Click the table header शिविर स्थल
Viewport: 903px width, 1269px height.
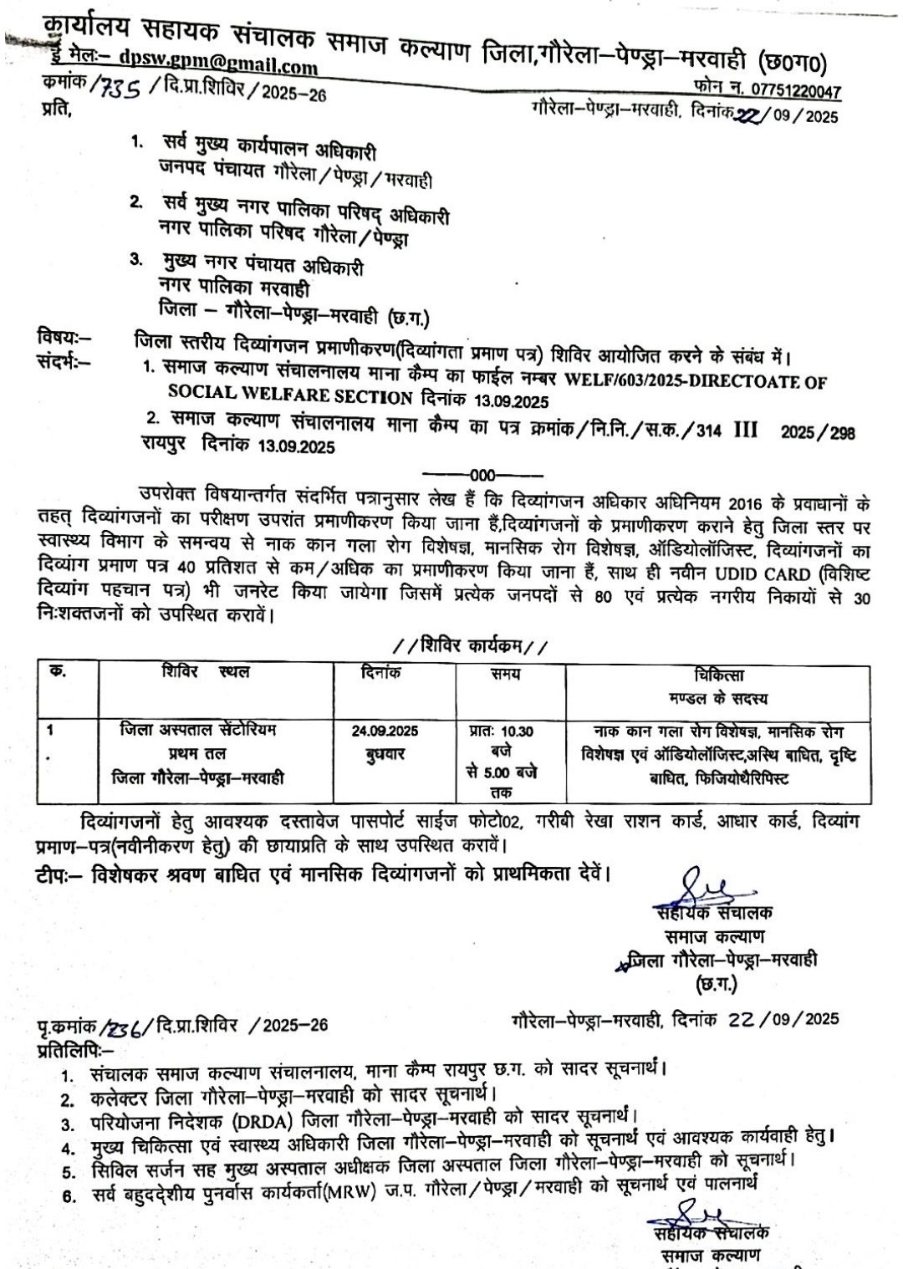[206, 671]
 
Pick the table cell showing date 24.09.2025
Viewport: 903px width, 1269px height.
[385, 731]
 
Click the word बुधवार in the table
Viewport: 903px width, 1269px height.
[385, 753]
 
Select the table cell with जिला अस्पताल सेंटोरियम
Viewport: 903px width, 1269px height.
[197, 731]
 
